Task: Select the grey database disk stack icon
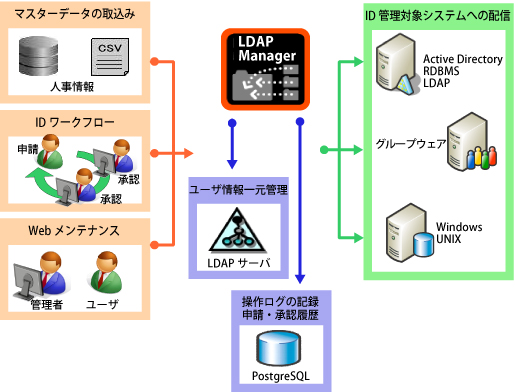click(x=43, y=58)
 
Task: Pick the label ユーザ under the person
click(x=105, y=304)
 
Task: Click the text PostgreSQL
click(x=273, y=379)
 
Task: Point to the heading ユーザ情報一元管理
click(x=239, y=189)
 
